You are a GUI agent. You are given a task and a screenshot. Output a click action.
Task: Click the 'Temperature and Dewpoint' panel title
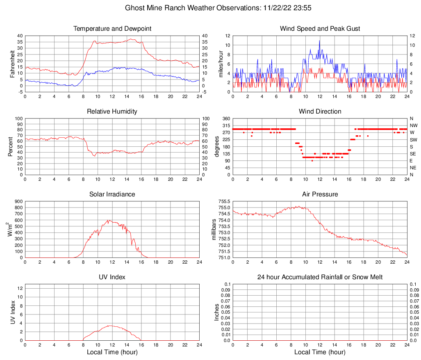(112, 29)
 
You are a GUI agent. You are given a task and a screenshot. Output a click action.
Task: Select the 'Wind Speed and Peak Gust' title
(320, 29)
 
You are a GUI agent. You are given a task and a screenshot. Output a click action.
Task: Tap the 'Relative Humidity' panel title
(112, 112)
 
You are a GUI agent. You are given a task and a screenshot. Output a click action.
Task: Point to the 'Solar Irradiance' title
(112, 194)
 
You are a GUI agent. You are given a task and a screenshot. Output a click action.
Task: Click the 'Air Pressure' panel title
(320, 194)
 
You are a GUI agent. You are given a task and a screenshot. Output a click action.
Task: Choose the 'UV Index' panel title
(112, 277)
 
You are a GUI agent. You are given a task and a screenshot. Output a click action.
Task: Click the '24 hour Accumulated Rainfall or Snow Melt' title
(320, 277)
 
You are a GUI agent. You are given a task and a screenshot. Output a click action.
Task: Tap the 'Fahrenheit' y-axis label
(12, 64)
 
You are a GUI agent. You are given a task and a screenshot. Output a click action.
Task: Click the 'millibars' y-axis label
(214, 230)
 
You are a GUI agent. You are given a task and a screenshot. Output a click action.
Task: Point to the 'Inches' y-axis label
(217, 312)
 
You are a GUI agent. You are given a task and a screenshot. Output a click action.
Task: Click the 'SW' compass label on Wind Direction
(413, 140)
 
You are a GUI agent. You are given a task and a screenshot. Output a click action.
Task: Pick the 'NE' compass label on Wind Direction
(413, 168)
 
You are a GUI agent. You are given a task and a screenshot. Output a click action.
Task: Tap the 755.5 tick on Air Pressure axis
(224, 202)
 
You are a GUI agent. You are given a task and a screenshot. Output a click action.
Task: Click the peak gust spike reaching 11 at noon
(319, 41)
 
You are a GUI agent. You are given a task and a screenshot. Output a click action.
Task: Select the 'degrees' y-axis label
(217, 147)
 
